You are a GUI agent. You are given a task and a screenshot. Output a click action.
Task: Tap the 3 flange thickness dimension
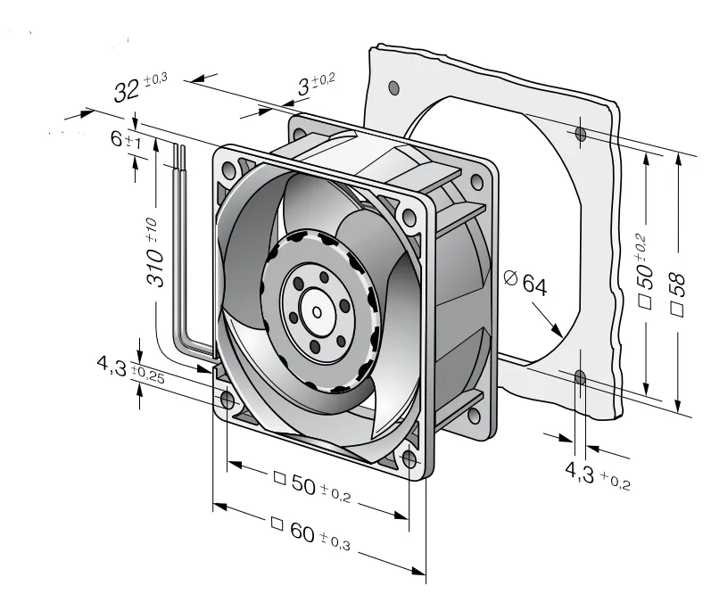[x=316, y=84]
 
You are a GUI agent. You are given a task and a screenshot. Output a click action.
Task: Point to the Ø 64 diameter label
[x=525, y=282]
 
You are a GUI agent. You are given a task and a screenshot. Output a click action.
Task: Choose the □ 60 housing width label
[x=310, y=533]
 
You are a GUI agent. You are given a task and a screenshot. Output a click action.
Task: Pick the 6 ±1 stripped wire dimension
[x=126, y=139]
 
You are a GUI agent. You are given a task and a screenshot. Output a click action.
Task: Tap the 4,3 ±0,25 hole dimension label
[x=130, y=369]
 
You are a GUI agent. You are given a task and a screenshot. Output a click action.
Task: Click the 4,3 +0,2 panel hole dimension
[x=597, y=475]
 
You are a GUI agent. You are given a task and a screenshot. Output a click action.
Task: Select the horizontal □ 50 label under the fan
[x=312, y=485]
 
